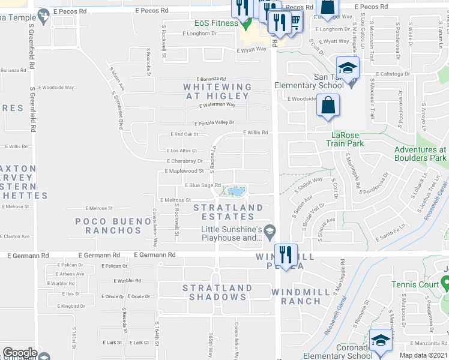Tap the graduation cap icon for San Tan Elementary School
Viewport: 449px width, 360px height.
(348, 67)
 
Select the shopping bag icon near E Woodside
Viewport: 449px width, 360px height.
(328, 106)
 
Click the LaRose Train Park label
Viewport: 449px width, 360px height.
(345, 139)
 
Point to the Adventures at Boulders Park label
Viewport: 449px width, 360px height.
(420, 154)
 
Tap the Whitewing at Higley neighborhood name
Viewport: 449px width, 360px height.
(217, 91)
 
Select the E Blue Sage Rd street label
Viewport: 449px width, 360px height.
(202, 185)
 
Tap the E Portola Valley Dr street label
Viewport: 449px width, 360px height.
(214, 122)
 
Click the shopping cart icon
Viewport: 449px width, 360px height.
(294, 20)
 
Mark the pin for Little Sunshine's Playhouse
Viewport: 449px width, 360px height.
(270, 229)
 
